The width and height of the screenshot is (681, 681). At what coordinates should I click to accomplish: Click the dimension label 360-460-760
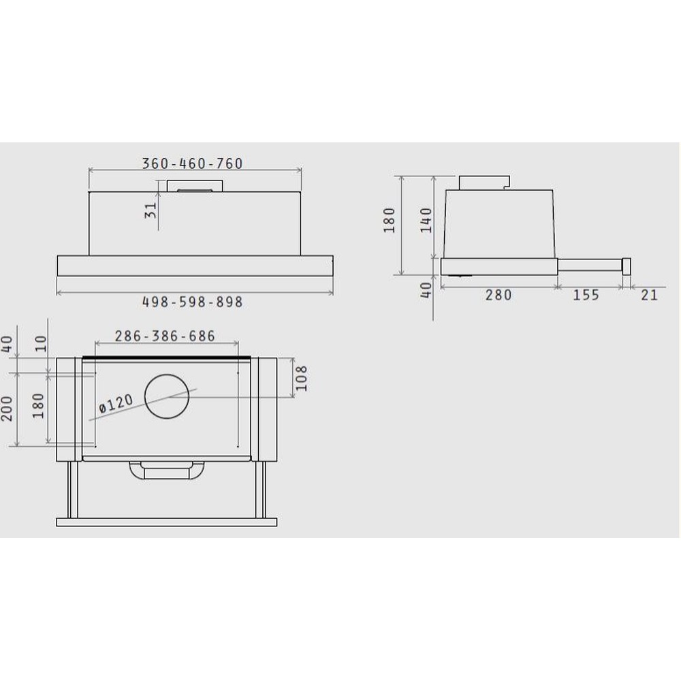point(193,163)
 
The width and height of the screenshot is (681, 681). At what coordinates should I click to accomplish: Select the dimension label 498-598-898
point(193,302)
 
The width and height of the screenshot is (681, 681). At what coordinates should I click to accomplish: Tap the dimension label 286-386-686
point(165,336)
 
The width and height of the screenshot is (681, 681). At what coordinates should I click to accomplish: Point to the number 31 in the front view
point(151,210)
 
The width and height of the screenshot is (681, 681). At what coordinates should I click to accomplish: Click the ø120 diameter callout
point(116,403)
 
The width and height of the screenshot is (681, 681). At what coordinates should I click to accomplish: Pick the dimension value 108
point(300,378)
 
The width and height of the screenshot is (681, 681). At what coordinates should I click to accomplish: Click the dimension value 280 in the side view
point(498,295)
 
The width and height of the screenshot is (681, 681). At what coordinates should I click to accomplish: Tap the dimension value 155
point(586,295)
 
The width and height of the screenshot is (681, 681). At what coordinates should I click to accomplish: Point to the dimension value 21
point(649,295)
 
